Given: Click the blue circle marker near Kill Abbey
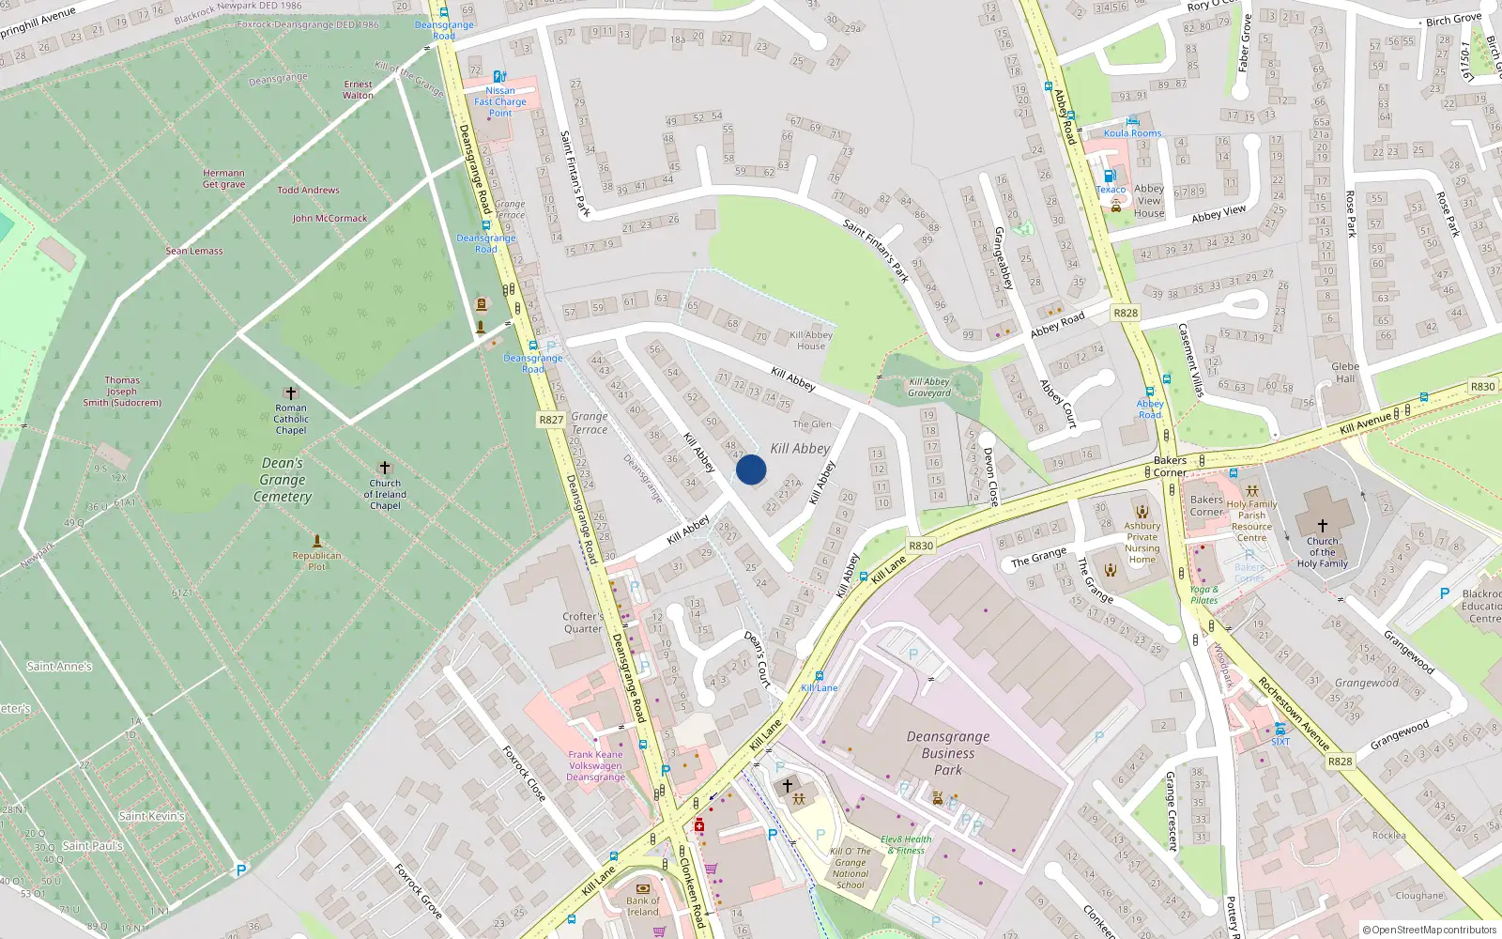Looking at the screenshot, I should (x=751, y=469).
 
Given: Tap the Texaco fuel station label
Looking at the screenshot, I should (x=1111, y=190).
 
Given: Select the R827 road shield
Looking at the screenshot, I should (x=551, y=420).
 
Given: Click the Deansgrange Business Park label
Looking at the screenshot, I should (x=948, y=753).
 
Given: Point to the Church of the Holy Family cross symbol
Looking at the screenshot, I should (x=1322, y=526).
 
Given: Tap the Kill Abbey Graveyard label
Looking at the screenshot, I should (x=929, y=387).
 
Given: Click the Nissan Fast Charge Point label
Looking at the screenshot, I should (x=500, y=101).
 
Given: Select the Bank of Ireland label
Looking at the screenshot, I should (x=643, y=906).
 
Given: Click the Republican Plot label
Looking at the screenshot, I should (x=317, y=561).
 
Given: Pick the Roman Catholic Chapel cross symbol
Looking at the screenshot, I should (x=291, y=393).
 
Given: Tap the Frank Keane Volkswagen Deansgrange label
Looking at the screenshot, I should (x=595, y=765).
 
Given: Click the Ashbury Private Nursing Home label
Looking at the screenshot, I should (x=1142, y=543).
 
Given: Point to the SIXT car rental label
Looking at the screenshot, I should (x=1280, y=742).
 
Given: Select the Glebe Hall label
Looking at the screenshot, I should (x=1345, y=372).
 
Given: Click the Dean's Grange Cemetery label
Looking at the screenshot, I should (x=283, y=480).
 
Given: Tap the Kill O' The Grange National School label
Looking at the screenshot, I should (x=851, y=868).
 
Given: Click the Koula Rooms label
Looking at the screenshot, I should (x=1132, y=133).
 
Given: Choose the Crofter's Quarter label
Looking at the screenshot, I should (x=583, y=623).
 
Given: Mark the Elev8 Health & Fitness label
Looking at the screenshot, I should (x=906, y=845).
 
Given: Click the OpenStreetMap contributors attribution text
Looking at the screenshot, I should (x=1429, y=930).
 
